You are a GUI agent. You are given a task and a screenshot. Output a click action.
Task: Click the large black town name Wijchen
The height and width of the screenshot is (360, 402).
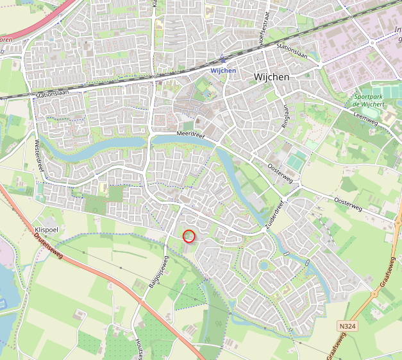(271, 76)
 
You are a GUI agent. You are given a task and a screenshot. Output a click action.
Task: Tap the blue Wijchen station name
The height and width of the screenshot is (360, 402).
(223, 70)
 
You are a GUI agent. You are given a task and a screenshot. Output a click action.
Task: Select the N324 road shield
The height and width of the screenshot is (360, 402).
(347, 327)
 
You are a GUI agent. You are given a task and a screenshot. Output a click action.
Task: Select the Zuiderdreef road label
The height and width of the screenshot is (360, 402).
(274, 212)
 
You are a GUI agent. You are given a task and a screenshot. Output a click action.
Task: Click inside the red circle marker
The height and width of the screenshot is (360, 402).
(188, 236)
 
